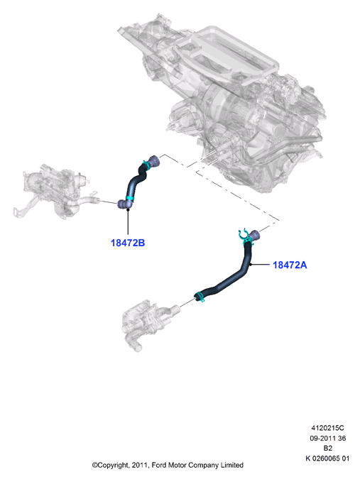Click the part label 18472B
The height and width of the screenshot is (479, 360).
point(127,243)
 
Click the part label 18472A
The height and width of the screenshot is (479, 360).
point(290,265)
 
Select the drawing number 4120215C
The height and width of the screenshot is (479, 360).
point(327,428)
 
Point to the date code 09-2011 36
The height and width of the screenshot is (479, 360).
point(327,438)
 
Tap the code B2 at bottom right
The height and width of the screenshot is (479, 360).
point(327,448)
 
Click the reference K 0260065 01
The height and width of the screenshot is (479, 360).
point(327,458)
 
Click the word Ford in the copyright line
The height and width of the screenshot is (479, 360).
point(159,465)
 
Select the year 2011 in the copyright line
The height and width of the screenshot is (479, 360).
point(140,466)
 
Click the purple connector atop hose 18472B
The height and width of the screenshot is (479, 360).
point(153,161)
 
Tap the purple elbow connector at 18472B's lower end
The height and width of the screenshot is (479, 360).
point(124,204)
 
